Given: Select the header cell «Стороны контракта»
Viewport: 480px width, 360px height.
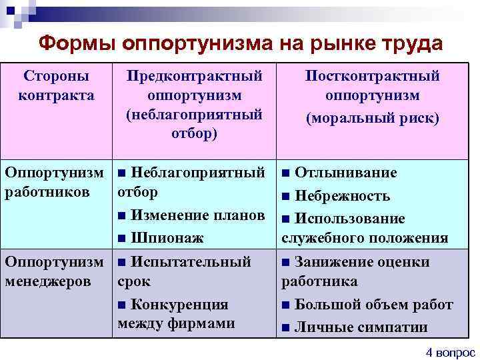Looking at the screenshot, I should (x=56, y=85).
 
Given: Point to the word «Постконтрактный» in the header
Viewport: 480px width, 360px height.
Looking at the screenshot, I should (x=372, y=75).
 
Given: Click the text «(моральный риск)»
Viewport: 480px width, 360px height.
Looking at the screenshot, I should (x=372, y=119).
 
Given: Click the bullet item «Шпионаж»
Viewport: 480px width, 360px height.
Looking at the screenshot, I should (x=167, y=237).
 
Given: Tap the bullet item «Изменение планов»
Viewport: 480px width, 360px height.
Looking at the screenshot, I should (x=198, y=215).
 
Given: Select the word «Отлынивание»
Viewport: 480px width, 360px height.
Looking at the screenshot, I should (x=345, y=173).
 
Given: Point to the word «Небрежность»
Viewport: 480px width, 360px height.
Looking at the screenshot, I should (x=342, y=196).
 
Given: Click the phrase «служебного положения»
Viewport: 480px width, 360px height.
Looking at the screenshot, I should (x=365, y=239).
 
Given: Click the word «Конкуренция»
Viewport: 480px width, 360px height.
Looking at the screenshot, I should (x=179, y=305).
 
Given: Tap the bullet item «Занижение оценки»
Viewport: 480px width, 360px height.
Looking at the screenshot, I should (x=362, y=262).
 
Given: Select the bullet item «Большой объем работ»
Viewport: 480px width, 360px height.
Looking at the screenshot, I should (x=373, y=305).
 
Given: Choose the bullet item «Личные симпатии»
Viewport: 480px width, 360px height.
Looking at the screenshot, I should (x=360, y=327).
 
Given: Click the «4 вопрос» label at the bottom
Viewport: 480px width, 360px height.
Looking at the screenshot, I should (x=451, y=352).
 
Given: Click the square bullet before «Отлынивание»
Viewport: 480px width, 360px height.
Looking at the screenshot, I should (x=286, y=174).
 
